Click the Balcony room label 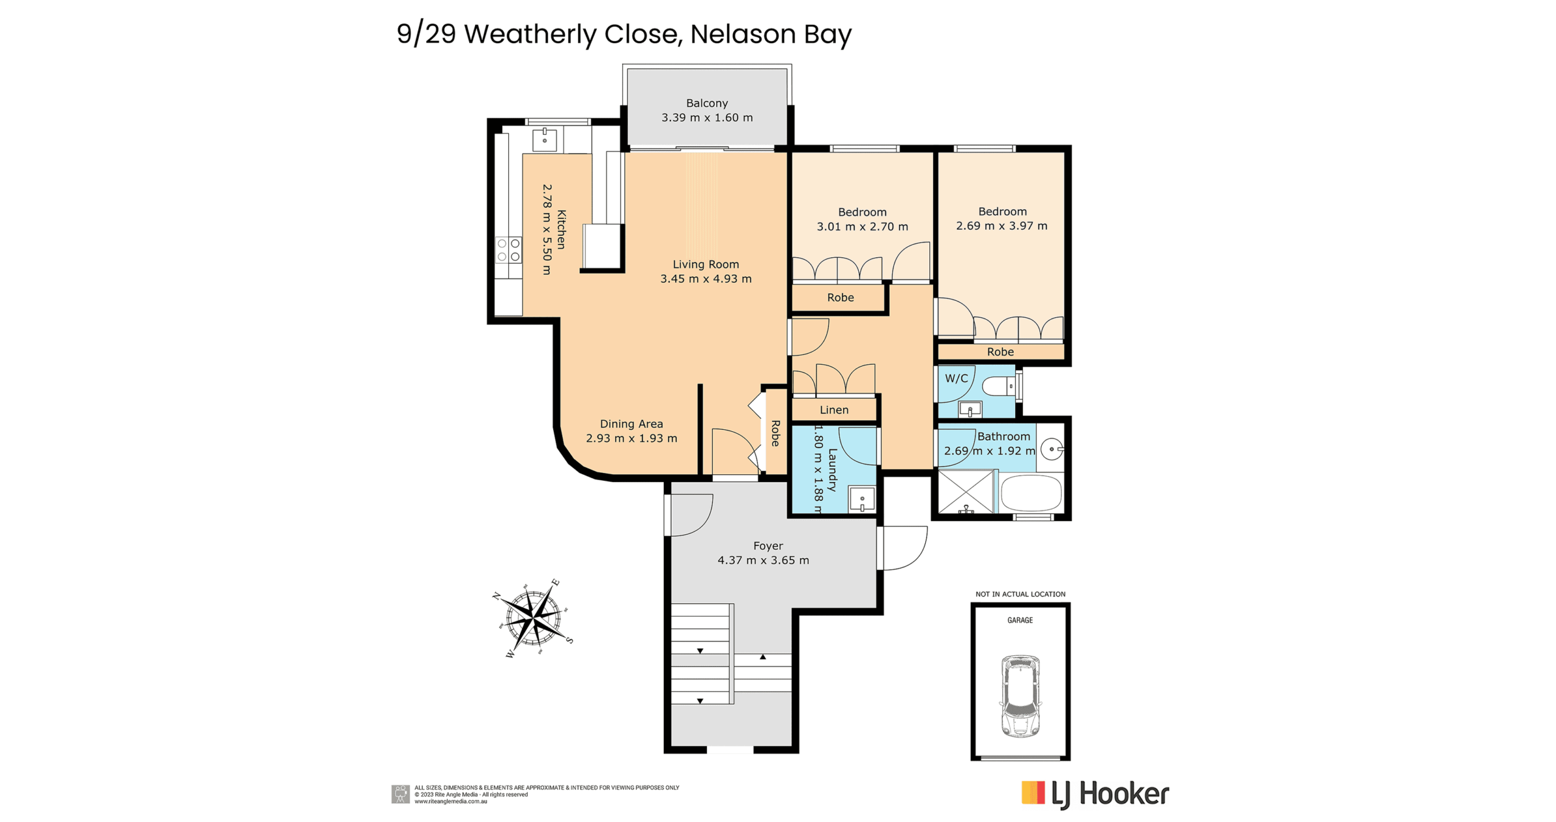pyautogui.click(x=706, y=103)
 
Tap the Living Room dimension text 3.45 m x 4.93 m pyautogui.click(x=706, y=279)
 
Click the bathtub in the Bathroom pyautogui.click(x=1031, y=492)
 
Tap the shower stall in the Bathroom pyautogui.click(x=966, y=491)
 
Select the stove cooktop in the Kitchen pyautogui.click(x=508, y=250)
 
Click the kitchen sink pyautogui.click(x=544, y=140)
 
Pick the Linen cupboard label pyautogui.click(x=834, y=410)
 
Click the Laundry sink pyautogui.click(x=862, y=500)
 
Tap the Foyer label pyautogui.click(x=768, y=546)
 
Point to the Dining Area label pyautogui.click(x=631, y=424)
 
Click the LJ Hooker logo pyautogui.click(x=1095, y=794)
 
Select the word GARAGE pyautogui.click(x=1020, y=620)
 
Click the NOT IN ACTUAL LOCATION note pyautogui.click(x=1020, y=594)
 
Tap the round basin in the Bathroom pyautogui.click(x=1052, y=449)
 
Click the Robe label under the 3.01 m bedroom pyautogui.click(x=840, y=297)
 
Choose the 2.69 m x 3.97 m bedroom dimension pyautogui.click(x=1002, y=226)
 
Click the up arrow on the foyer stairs pyautogui.click(x=763, y=657)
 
